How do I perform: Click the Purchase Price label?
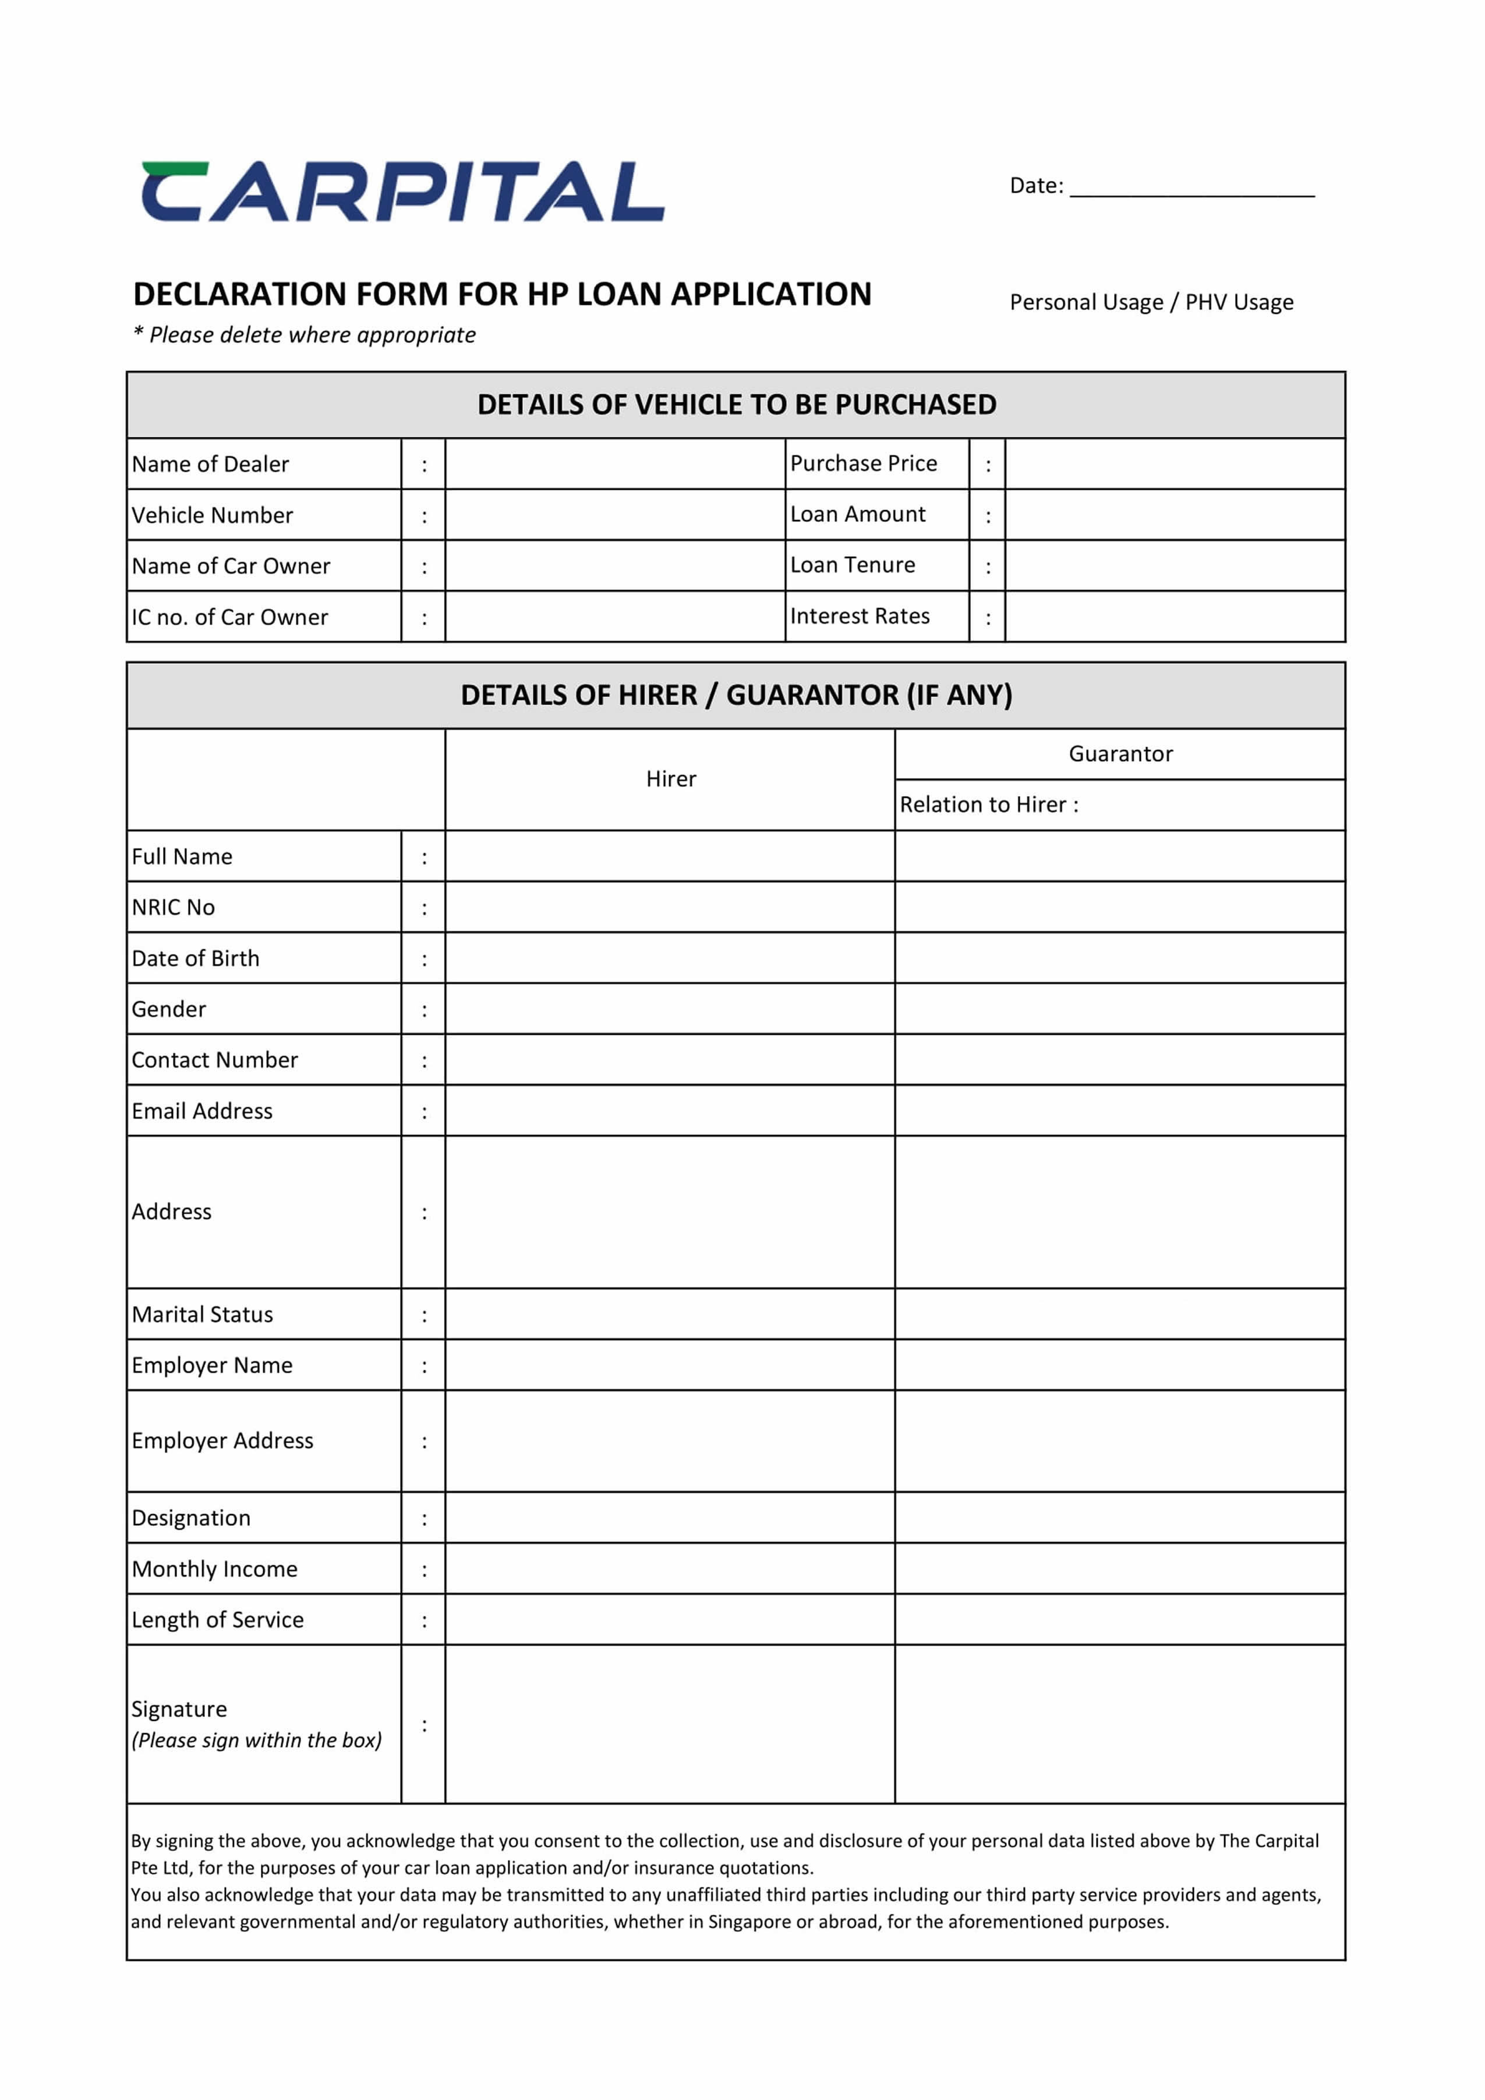[863, 464]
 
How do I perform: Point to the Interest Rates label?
[860, 617]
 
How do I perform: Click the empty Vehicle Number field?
[614, 515]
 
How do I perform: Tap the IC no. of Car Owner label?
[229, 617]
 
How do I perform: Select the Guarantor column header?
[1120, 754]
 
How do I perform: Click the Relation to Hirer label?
[988, 805]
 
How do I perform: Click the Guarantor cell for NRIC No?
[1119, 907]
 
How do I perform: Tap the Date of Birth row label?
[196, 959]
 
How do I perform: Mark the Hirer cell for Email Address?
[669, 1111]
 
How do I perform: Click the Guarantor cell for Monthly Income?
[1119, 1569]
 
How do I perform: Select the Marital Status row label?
[202, 1314]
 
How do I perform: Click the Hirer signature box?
[669, 1724]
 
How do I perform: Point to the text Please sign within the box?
[257, 1741]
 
